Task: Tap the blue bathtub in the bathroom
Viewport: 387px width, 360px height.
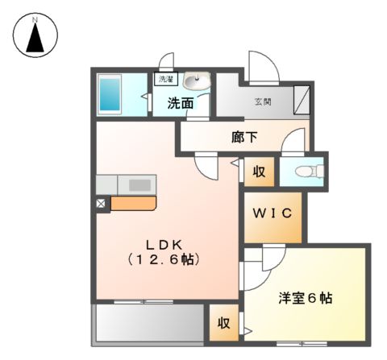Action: tap(109, 95)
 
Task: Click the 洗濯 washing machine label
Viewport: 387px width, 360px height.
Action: tap(164, 80)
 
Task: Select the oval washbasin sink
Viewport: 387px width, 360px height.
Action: tap(195, 81)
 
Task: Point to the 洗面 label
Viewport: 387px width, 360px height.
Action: tap(181, 103)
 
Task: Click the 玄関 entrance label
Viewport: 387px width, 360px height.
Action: tap(263, 102)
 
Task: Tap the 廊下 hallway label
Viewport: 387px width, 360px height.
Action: tap(244, 137)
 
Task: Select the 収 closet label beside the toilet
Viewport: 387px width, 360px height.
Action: tap(259, 171)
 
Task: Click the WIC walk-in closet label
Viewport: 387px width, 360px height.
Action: tap(273, 214)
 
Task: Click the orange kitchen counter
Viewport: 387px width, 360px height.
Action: tap(131, 203)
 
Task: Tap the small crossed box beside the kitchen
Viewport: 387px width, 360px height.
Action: tap(102, 204)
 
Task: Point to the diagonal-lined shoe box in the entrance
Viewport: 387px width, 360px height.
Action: tap(302, 100)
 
